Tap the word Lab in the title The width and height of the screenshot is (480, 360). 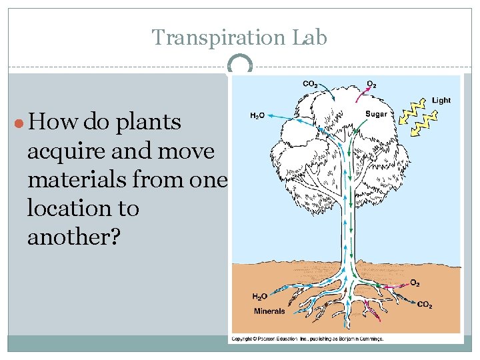309,37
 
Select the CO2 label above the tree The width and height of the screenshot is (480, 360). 310,84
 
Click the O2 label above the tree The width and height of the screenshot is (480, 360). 372,85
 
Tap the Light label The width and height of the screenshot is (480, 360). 441,101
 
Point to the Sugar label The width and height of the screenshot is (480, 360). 376,114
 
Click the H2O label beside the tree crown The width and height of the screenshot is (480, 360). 257,115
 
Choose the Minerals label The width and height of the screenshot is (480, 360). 269,311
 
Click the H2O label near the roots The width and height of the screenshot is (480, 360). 260,297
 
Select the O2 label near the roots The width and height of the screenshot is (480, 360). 415,283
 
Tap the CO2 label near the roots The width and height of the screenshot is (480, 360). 425,305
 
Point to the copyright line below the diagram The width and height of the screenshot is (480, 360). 307,339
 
